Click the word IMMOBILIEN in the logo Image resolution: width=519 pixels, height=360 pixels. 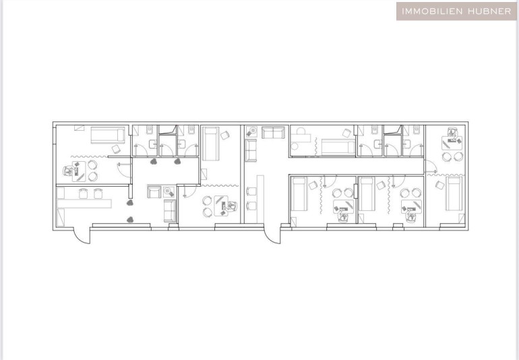pos(431,11)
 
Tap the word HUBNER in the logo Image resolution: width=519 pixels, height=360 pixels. pos(489,11)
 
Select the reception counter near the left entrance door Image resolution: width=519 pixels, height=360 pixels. pos(84,203)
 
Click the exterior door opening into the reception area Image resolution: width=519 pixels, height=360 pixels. pos(81,237)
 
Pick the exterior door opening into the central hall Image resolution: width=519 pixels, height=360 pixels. pos(272,236)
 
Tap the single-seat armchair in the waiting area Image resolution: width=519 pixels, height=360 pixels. pos(154,191)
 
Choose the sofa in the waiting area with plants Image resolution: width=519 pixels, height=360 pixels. pos(170,211)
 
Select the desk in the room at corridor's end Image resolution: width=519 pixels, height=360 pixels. pos(452,143)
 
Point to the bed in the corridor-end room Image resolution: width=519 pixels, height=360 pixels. pos(454,193)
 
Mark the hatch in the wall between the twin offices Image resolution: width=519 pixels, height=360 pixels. pos(355,191)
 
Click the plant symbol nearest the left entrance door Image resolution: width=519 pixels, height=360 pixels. pos(130,219)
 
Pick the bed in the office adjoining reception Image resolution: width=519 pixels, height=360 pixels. pos(108,135)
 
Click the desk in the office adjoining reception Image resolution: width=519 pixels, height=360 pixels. pos(79,171)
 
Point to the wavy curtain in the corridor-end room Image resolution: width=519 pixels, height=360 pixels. pos(446,175)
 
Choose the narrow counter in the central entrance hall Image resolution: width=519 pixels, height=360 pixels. pos(260,199)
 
